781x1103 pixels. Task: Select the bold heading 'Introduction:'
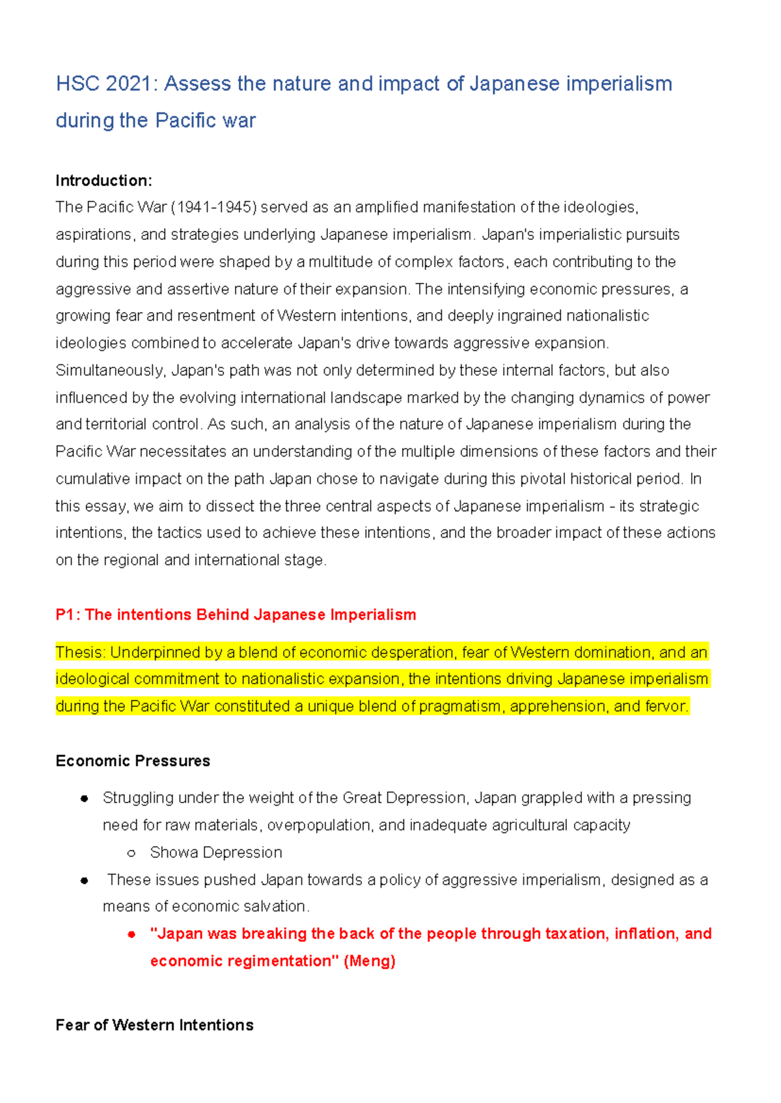(103, 180)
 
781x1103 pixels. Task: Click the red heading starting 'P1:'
(236, 615)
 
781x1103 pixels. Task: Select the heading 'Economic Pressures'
(133, 761)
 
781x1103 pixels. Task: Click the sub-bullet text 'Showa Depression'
(216, 853)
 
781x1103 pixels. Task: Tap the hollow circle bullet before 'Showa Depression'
(131, 853)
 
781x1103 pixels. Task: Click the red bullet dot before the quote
(131, 935)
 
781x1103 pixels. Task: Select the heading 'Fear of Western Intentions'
(154, 1025)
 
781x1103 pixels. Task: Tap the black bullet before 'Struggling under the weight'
(84, 799)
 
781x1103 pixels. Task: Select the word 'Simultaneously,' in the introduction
(111, 371)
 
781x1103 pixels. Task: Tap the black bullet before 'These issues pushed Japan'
(84, 881)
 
